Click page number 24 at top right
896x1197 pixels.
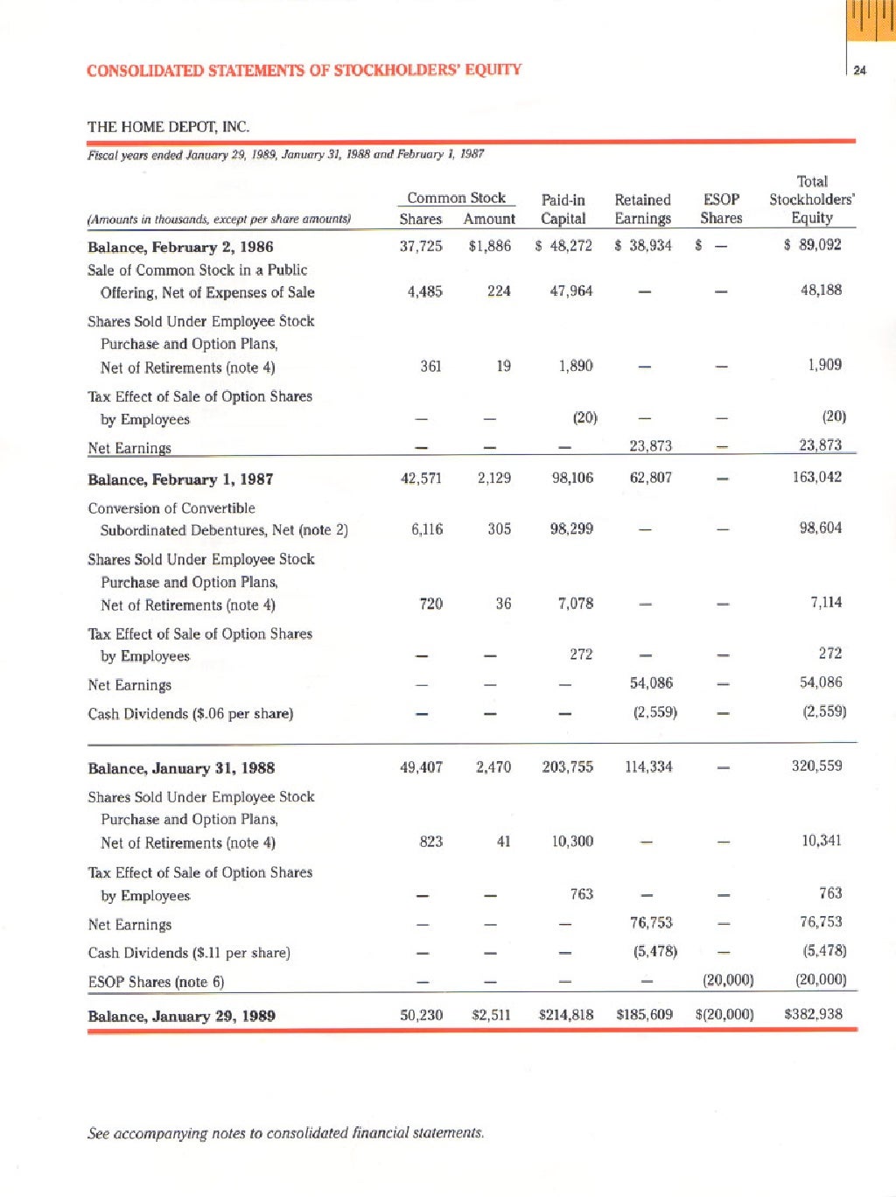pyautogui.click(x=859, y=70)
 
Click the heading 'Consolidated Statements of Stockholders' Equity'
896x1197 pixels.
pyautogui.click(x=304, y=70)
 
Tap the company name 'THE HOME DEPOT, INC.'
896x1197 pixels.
pyautogui.click(x=168, y=127)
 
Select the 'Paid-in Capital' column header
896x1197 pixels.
pyautogui.click(x=563, y=209)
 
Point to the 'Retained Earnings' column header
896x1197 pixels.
pyautogui.click(x=642, y=209)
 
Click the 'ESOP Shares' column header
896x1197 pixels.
pyautogui.click(x=721, y=209)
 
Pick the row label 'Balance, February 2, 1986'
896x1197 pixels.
pyautogui.click(x=180, y=247)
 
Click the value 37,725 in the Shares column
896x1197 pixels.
pyautogui.click(x=421, y=246)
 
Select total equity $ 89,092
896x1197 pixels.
pyautogui.click(x=813, y=245)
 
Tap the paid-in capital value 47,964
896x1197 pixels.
pyautogui.click(x=570, y=290)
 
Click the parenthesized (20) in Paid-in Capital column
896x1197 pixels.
pyautogui.click(x=584, y=417)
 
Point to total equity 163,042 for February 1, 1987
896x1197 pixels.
pyautogui.click(x=816, y=477)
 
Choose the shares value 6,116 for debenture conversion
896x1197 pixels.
pyautogui.click(x=426, y=528)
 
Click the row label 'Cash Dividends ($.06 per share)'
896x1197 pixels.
pyautogui.click(x=190, y=714)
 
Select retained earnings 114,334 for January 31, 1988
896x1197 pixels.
pyautogui.click(x=648, y=766)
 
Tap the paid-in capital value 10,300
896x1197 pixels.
pyautogui.click(x=572, y=841)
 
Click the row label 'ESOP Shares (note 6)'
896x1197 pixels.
pyautogui.click(x=156, y=982)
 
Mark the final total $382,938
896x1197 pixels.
pyautogui.click(x=813, y=1014)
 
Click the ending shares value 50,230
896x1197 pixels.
pyautogui.click(x=421, y=1015)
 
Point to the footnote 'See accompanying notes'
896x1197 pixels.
pyautogui.click(x=285, y=1133)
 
